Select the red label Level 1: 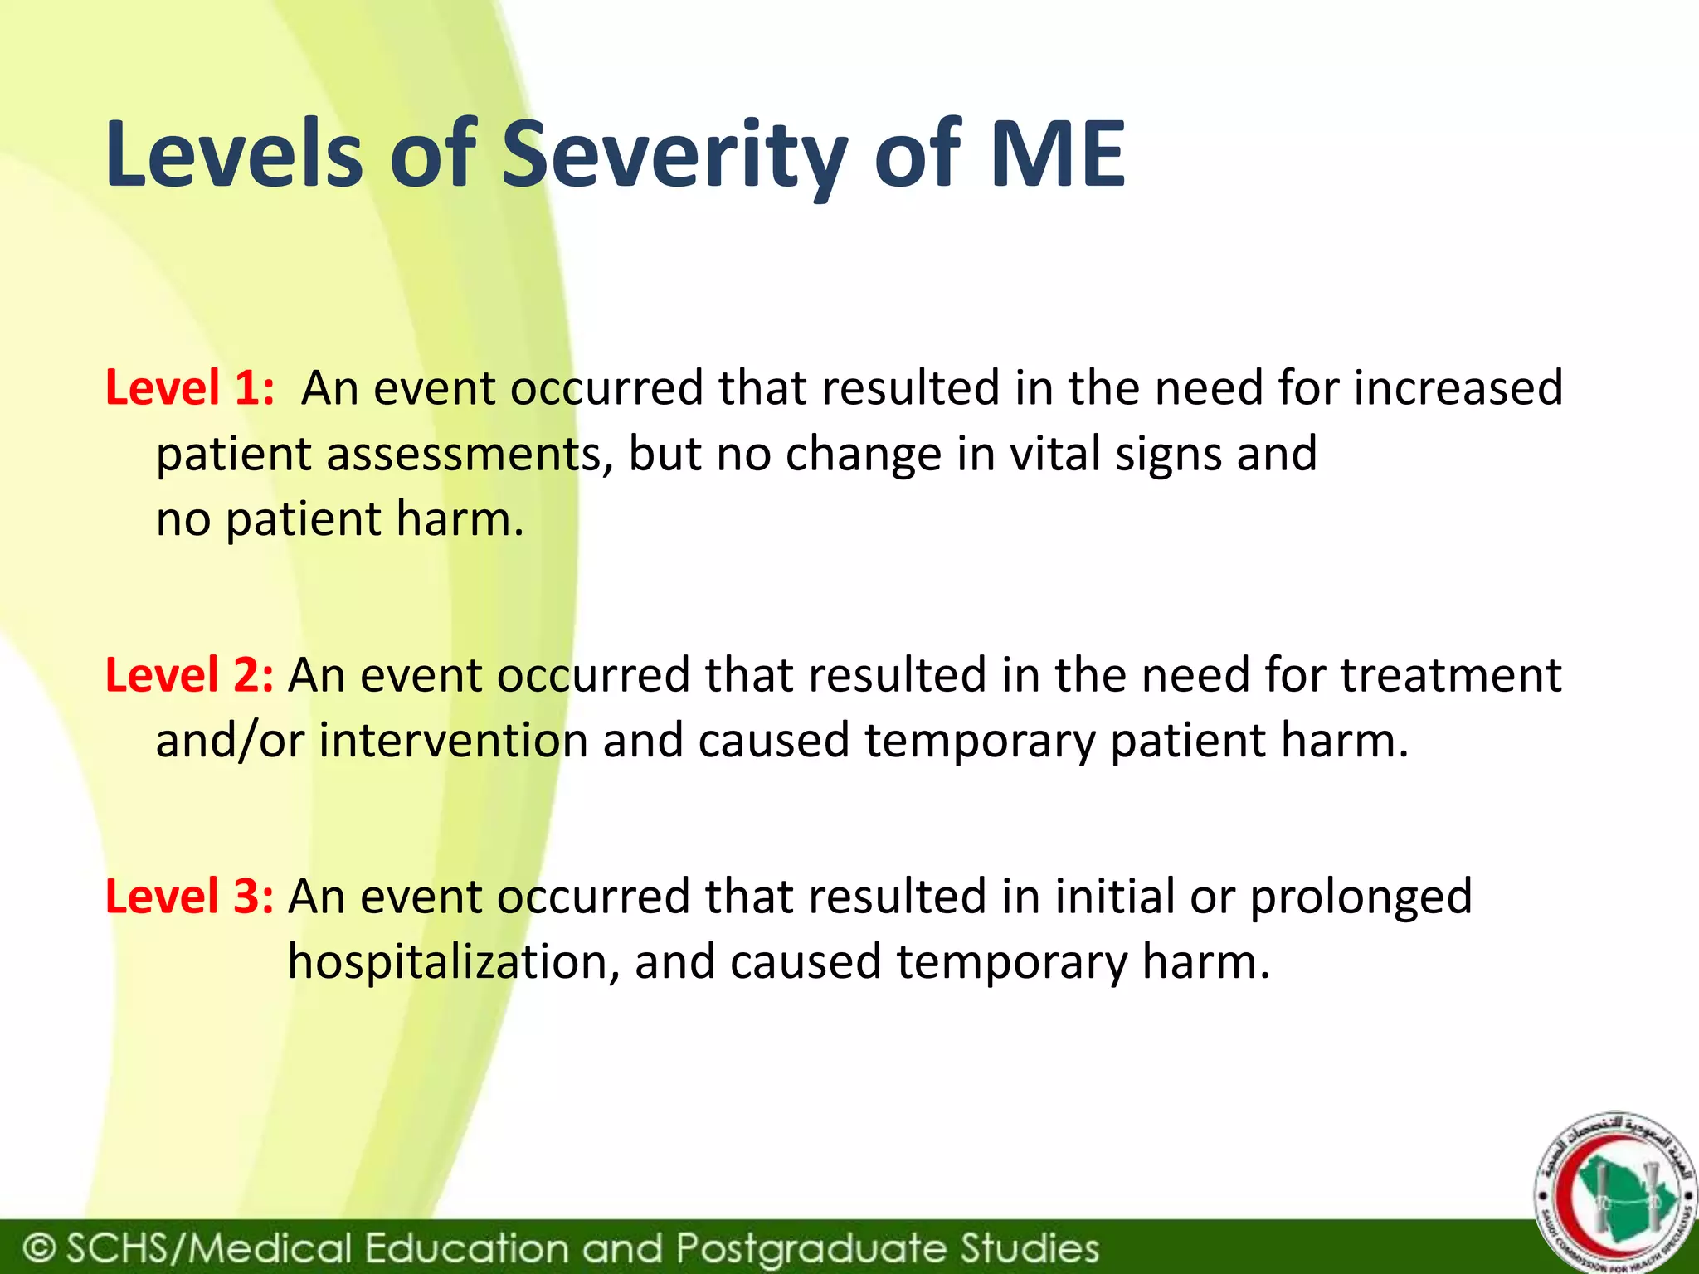pos(189,388)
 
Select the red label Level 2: pos(189,675)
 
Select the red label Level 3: pos(189,897)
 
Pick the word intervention pos(453,741)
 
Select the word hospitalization pos(453,962)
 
